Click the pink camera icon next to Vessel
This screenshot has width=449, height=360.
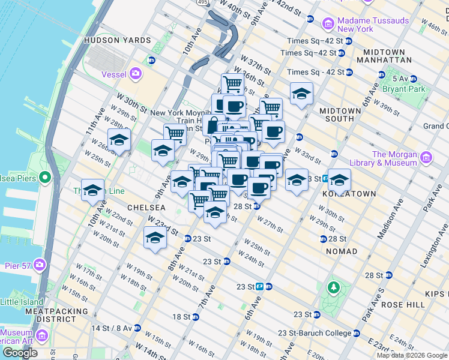136,73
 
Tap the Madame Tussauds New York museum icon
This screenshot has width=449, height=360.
328,24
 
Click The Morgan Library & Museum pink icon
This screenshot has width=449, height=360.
426,158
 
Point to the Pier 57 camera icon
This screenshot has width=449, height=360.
40,264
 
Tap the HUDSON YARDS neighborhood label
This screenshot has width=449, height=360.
118,40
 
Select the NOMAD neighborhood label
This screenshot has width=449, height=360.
342,251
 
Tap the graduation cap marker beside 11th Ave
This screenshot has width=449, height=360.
119,140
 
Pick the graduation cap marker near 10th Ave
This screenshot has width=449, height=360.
92,190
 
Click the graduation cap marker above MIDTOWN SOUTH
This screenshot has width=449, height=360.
301,93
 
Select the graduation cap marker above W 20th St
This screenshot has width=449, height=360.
155,238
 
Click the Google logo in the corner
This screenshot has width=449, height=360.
20,352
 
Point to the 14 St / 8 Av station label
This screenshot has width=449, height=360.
111,328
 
